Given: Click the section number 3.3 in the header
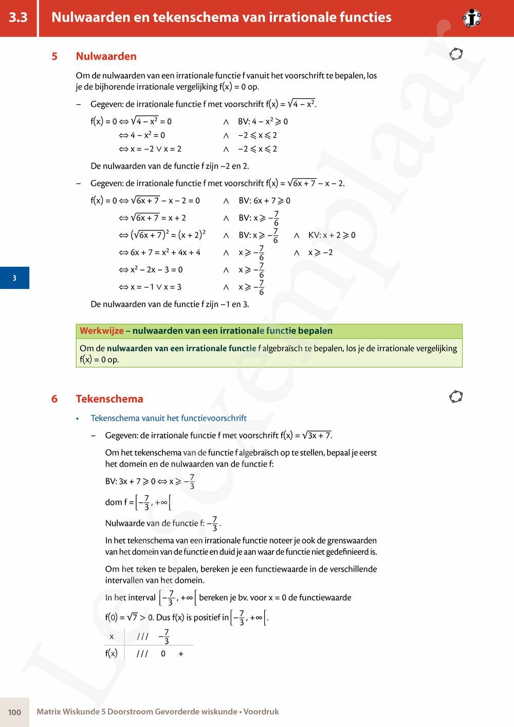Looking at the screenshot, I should pyautogui.click(x=18, y=17).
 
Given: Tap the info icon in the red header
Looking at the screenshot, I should pyautogui.click(x=471, y=19).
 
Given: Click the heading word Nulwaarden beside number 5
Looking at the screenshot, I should pyautogui.click(x=106, y=56).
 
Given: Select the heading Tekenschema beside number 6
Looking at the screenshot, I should pyautogui.click(x=109, y=398).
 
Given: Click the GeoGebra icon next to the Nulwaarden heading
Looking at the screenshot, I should pyautogui.click(x=455, y=54).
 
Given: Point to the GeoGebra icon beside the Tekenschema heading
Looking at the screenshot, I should pyautogui.click(x=455, y=397).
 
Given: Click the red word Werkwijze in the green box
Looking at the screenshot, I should pyautogui.click(x=102, y=331).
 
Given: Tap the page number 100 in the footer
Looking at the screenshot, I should pyautogui.click(x=14, y=712).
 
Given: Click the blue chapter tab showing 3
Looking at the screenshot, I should pyautogui.click(x=14, y=278).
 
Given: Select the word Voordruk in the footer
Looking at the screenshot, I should pyautogui.click(x=261, y=712).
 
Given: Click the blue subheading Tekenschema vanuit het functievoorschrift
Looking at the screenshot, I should pyautogui.click(x=169, y=418).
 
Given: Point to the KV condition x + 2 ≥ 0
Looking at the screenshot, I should pyautogui.click(x=332, y=235).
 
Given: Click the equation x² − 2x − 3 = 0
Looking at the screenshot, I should pyautogui.click(x=156, y=269).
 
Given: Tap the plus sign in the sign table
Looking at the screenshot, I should pyautogui.click(x=181, y=654).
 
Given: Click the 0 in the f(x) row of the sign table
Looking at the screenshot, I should pyautogui.click(x=163, y=654).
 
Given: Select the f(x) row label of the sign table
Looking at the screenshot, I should pyautogui.click(x=111, y=653).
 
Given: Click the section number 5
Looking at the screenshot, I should pyautogui.click(x=54, y=56).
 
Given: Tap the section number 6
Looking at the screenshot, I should pyautogui.click(x=54, y=398).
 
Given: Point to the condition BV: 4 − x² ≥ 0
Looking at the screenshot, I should pyautogui.click(x=263, y=121).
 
